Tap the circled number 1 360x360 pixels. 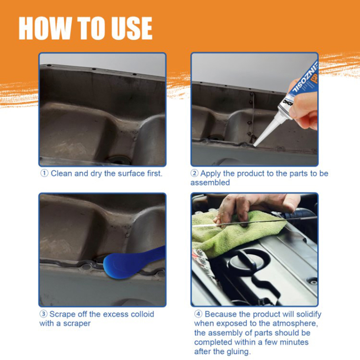[44, 173]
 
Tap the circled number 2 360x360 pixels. [194, 173]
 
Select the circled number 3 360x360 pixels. [43, 314]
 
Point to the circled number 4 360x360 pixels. [198, 314]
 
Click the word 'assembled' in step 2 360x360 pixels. [210, 183]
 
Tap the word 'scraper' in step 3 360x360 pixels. [77, 324]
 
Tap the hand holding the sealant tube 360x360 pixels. [303, 108]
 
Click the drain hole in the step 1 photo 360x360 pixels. [119, 160]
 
